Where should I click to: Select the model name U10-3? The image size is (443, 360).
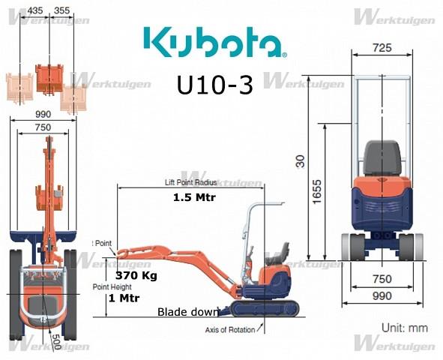214,85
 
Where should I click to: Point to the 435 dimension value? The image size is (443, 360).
36,10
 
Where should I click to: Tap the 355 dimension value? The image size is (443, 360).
63,10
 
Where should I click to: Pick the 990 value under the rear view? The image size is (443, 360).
382,296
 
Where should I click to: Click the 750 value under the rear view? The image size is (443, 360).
382,279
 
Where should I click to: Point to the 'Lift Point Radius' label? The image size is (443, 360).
190,182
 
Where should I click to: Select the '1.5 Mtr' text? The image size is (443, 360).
192,198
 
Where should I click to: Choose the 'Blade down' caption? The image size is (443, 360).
187,312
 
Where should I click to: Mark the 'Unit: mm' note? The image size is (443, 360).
404,328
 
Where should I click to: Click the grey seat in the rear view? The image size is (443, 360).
383,158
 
